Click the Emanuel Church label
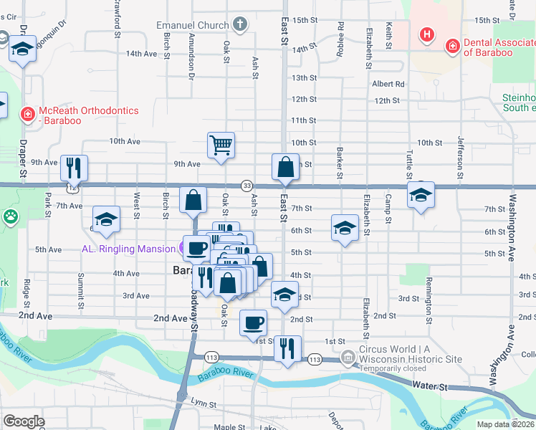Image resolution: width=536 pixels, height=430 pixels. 193,25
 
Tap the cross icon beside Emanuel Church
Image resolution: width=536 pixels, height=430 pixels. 241,24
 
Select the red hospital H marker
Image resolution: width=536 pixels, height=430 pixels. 427,34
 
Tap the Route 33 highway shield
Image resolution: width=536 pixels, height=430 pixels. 247,185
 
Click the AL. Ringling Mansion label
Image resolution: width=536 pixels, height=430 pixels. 128,249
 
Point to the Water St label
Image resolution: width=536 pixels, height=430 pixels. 430,386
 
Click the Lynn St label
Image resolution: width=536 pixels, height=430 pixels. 204,404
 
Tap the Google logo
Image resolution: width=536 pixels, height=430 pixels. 23,421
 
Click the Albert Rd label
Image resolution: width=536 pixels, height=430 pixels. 388,84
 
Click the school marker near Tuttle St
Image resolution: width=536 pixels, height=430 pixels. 421,194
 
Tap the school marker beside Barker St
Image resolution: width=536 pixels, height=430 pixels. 345,228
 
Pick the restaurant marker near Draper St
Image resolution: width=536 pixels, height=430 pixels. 74,168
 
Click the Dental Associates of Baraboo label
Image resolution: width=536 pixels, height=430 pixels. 499,47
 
